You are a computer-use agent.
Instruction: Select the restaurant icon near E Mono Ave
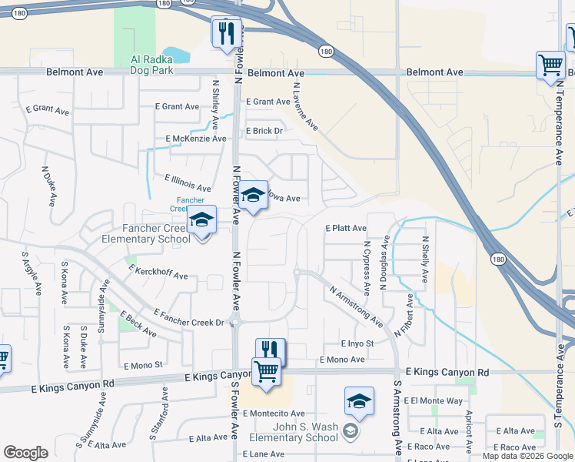tap(270, 350)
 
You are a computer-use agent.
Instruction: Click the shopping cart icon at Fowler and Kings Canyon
tap(266, 372)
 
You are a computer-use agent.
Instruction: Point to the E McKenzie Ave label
tap(196, 139)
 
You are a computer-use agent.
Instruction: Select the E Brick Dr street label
tap(264, 131)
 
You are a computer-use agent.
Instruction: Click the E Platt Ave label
tap(345, 229)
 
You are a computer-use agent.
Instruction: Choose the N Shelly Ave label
tap(424, 261)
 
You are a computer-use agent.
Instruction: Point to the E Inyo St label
tap(357, 343)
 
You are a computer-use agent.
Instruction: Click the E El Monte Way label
tap(437, 400)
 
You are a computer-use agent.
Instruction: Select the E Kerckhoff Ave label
tap(160, 273)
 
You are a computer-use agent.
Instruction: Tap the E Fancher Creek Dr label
tap(188, 318)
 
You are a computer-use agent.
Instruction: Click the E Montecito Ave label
tap(274, 413)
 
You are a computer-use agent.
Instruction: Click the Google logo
tap(26, 453)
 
